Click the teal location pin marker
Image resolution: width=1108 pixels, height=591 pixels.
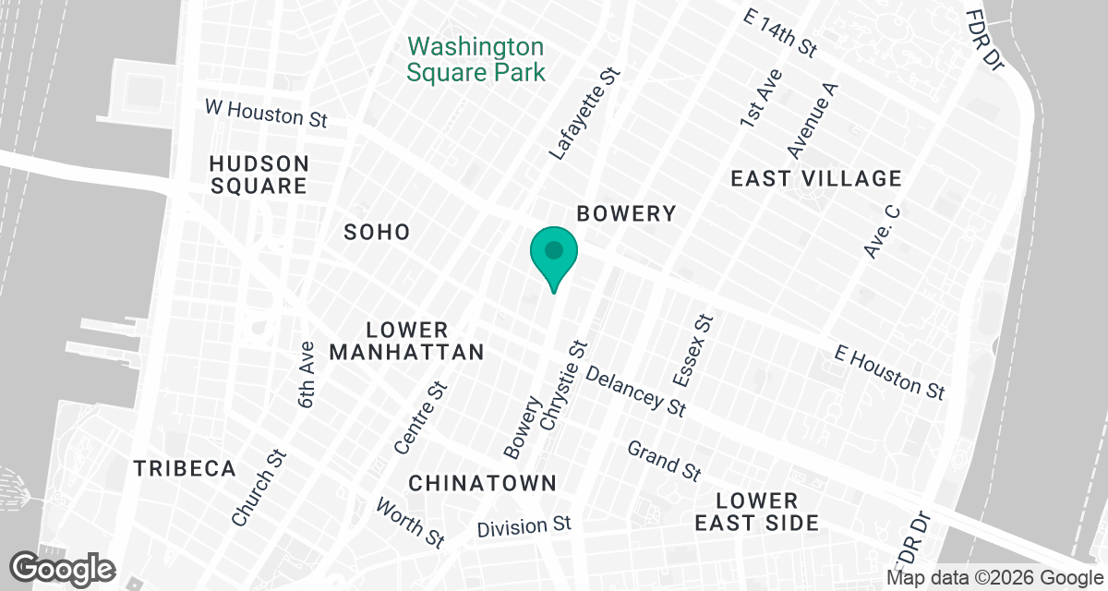[553, 254]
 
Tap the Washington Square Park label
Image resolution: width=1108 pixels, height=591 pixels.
[476, 59]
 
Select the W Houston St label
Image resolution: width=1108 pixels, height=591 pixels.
[266, 114]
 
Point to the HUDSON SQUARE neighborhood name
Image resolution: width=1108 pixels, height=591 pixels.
[259, 175]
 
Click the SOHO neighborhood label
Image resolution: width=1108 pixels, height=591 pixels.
[377, 232]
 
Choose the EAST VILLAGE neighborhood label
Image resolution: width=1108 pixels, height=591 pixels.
[815, 179]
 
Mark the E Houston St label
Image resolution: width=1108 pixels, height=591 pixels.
[889, 372]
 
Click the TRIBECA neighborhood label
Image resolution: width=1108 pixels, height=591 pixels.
[185, 468]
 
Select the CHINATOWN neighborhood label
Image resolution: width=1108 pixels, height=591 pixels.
[482, 483]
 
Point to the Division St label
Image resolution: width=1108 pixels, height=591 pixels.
[524, 527]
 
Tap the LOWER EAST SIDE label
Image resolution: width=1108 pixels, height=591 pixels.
[769, 512]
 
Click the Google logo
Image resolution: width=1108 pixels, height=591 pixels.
[62, 568]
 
